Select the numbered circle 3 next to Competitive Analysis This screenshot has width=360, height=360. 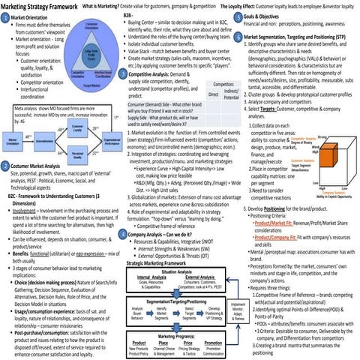pyautogui.click(x=124, y=76)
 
